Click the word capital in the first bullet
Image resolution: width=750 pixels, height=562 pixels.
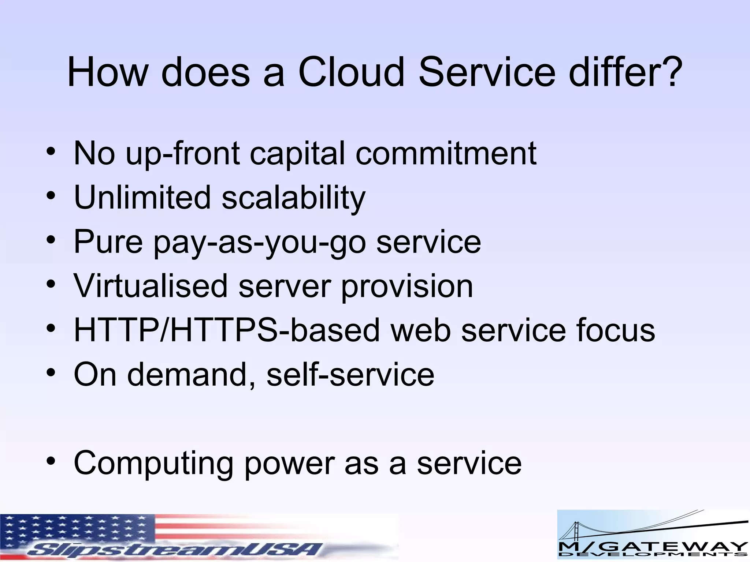[x=297, y=154]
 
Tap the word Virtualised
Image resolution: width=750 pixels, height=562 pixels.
[x=150, y=286]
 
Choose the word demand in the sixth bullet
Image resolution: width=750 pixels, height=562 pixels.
[x=186, y=375]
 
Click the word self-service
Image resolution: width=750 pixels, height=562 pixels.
[x=350, y=375]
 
